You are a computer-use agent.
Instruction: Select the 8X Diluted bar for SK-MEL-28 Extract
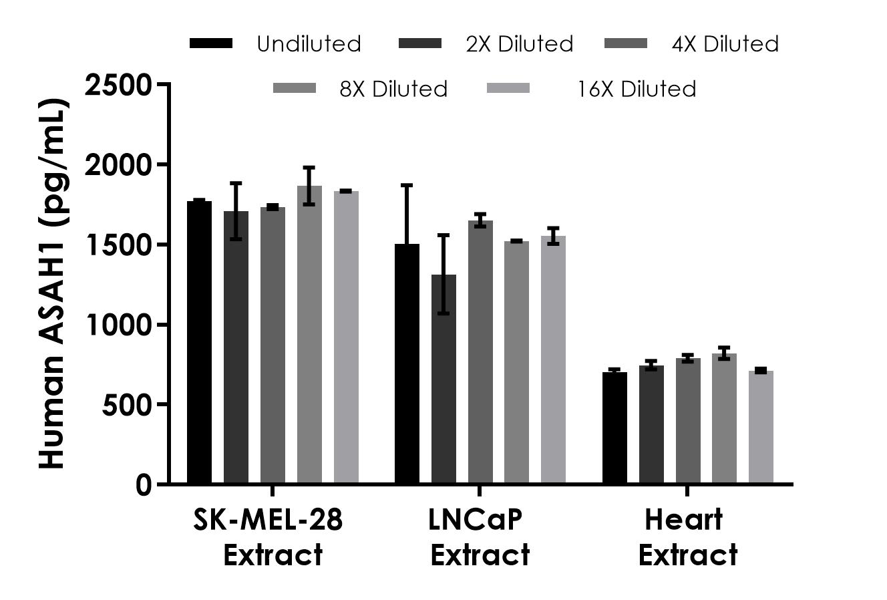coord(309,334)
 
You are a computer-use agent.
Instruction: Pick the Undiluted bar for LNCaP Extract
coord(407,363)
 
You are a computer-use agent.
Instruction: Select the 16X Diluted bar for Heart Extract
coord(761,427)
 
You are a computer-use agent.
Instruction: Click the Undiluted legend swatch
coord(211,43)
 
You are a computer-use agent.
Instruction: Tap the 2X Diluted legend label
coord(520,44)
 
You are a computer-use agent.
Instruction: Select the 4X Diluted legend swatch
coord(626,43)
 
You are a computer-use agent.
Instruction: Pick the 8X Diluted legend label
coord(393,89)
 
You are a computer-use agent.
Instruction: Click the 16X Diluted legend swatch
coord(508,88)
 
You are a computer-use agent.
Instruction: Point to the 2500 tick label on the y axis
coord(119,85)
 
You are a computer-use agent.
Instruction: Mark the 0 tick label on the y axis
coord(143,485)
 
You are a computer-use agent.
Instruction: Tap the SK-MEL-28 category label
coord(269,520)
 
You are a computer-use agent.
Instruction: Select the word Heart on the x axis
coord(684,520)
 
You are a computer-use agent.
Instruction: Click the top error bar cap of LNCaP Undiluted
coord(407,185)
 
